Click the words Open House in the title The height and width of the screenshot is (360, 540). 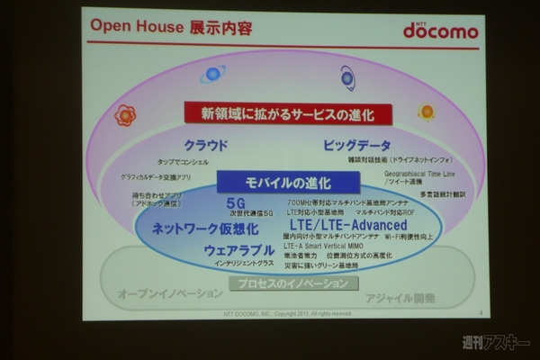(134, 27)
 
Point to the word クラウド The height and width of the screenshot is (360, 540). (206, 146)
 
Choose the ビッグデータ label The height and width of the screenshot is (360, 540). (357, 146)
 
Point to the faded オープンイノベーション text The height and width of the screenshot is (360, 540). (169, 294)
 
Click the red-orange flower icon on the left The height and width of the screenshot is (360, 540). (125, 115)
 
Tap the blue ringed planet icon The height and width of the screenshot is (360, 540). (214, 74)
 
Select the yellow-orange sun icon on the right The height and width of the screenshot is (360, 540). (426, 112)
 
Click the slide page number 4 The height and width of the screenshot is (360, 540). (481, 313)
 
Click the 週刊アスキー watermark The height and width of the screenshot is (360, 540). (494, 342)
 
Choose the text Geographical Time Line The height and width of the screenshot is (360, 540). (419, 172)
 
